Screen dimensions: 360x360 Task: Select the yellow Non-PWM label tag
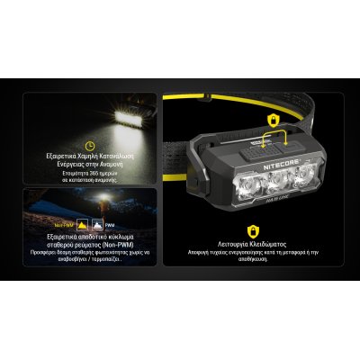61,225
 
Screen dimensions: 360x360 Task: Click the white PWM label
110,225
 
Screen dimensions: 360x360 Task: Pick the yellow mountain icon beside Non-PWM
83,224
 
